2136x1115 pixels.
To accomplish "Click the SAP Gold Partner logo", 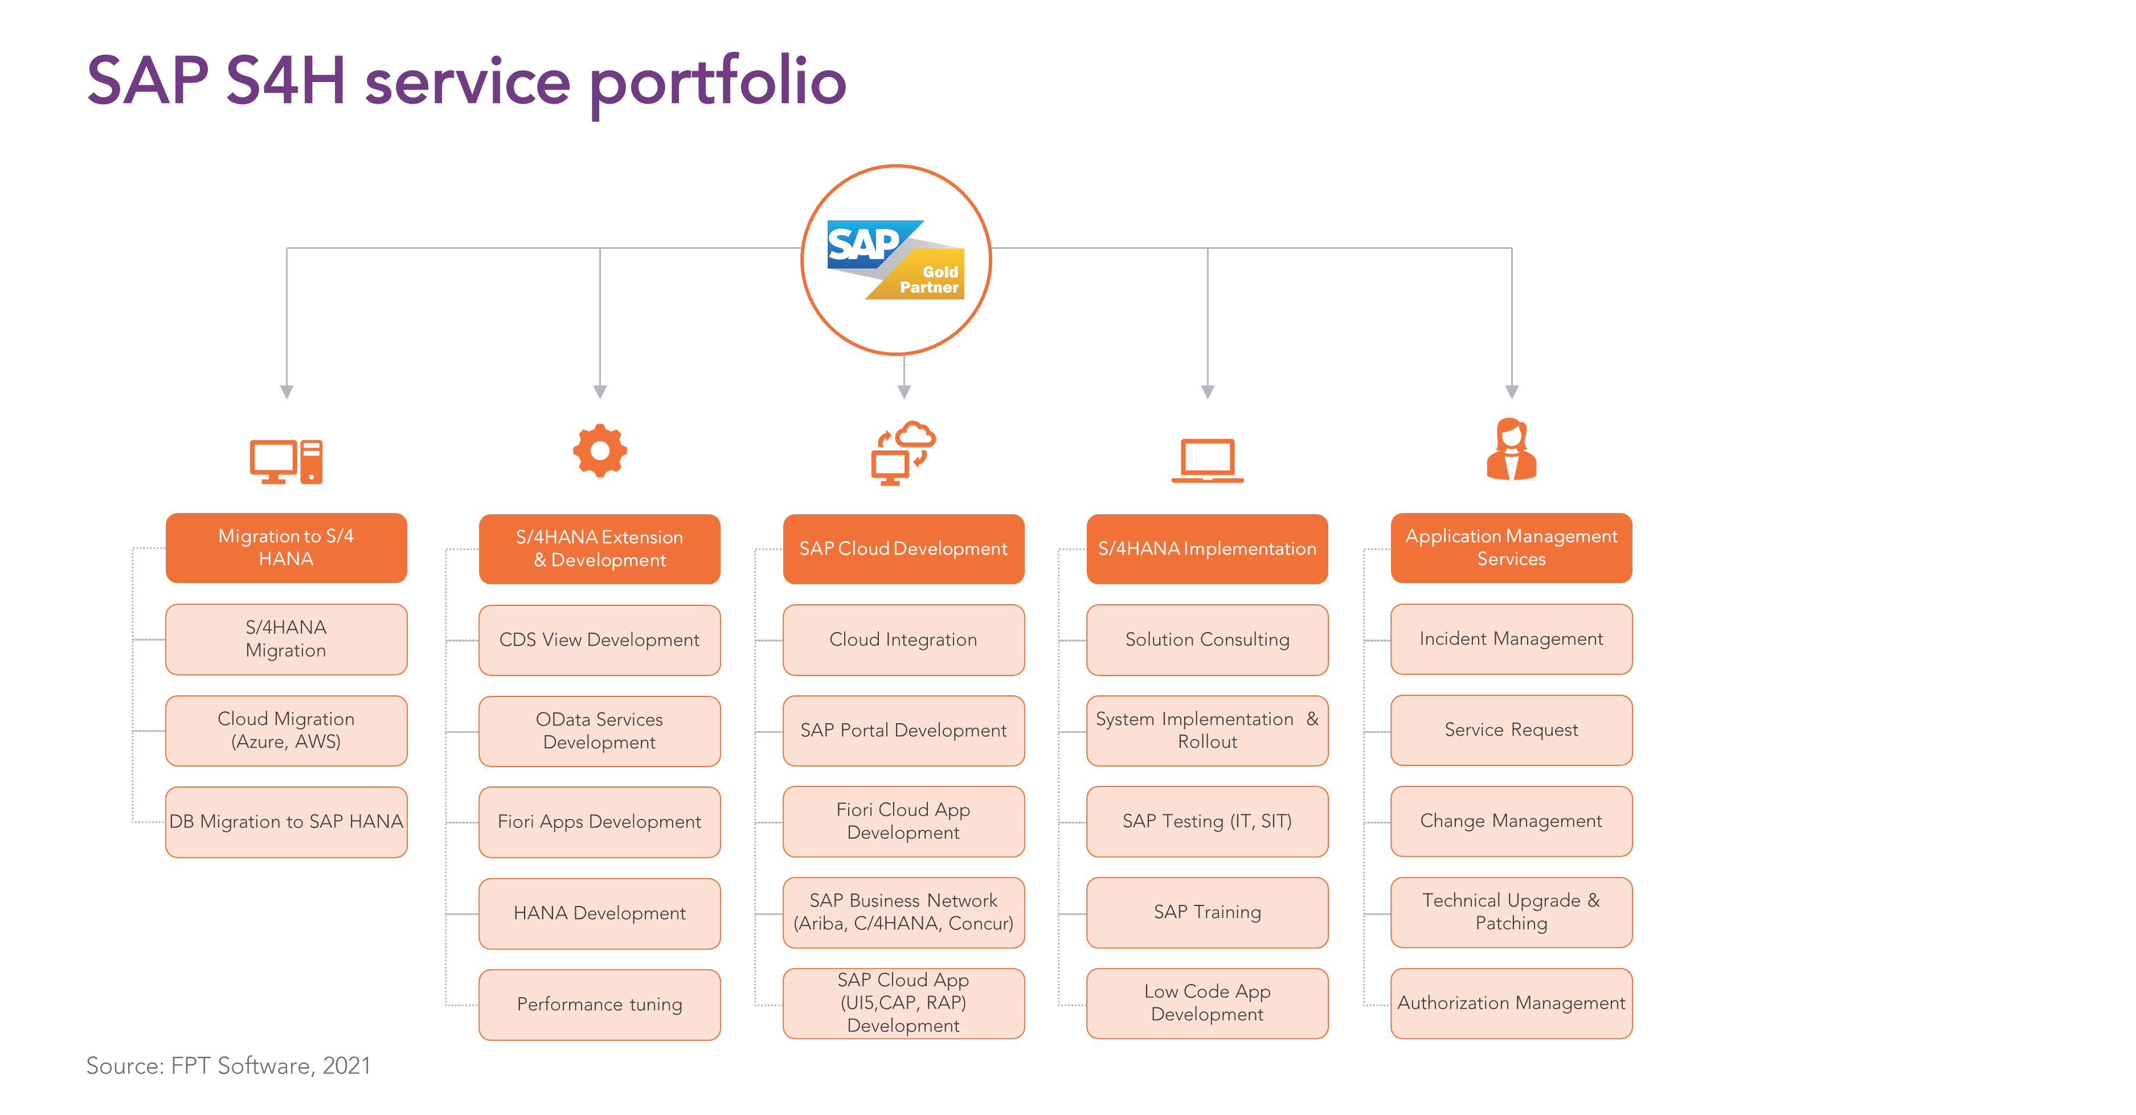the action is [895, 260].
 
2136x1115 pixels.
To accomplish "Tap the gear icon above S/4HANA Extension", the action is [600, 451].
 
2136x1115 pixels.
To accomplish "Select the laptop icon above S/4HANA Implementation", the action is [1208, 460].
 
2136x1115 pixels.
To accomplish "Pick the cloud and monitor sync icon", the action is [903, 453].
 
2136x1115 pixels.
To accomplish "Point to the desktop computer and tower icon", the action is [286, 461].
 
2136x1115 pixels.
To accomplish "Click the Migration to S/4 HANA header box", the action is [286, 548].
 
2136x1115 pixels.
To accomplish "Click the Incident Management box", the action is [1512, 639].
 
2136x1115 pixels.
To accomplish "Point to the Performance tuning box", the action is [600, 1005].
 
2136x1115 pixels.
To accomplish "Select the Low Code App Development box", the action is [1208, 1003].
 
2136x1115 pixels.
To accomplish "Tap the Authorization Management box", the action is [1512, 1003].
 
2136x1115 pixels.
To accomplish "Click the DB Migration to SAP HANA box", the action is [286, 822].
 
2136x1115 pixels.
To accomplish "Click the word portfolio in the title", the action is [718, 84].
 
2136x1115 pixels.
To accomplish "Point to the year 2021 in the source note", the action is [347, 1066].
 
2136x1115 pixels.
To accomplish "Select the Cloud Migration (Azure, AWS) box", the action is [286, 731].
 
